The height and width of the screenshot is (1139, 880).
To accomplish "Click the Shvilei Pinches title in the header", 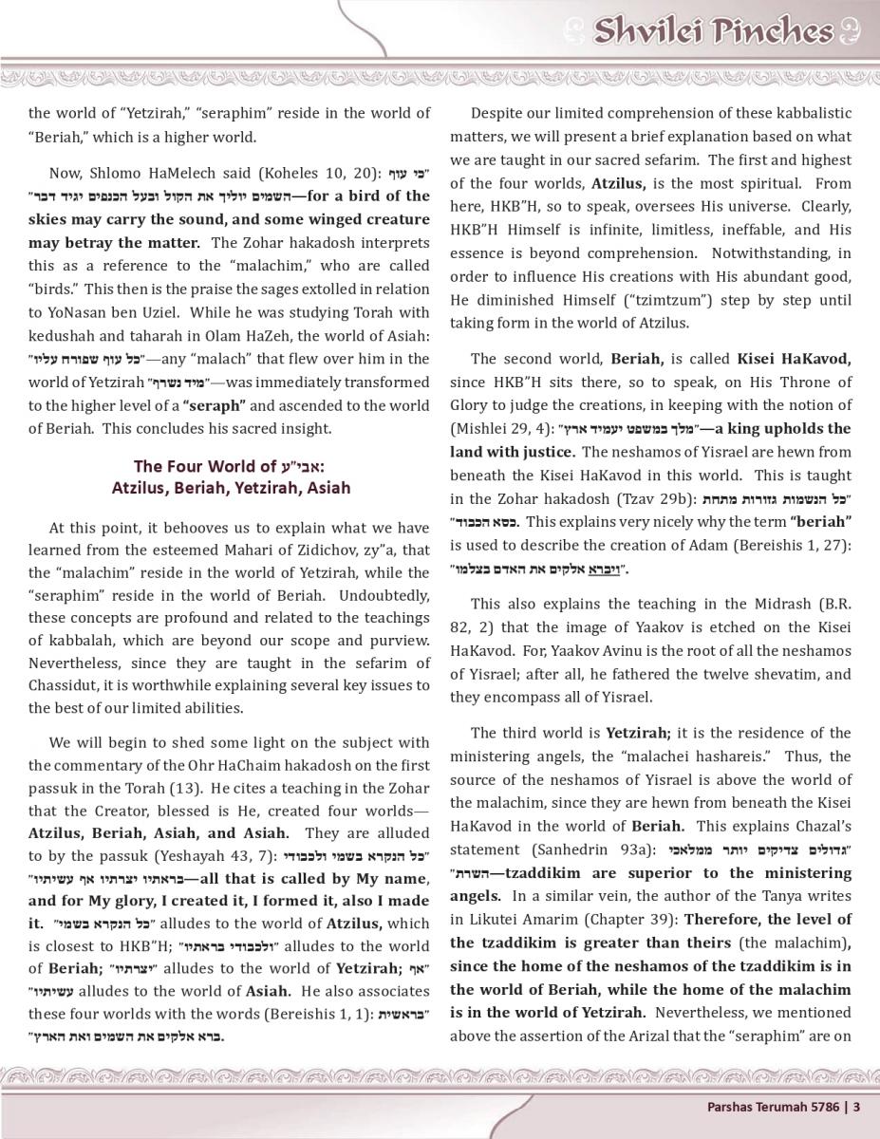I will [x=712, y=31].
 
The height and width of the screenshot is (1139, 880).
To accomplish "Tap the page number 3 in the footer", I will [x=856, y=1107].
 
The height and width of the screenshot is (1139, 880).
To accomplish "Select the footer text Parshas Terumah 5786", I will [x=773, y=1107].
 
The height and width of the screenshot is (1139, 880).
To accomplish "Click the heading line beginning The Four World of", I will [x=228, y=466].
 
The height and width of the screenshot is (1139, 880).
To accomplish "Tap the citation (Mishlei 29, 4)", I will [x=495, y=428].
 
